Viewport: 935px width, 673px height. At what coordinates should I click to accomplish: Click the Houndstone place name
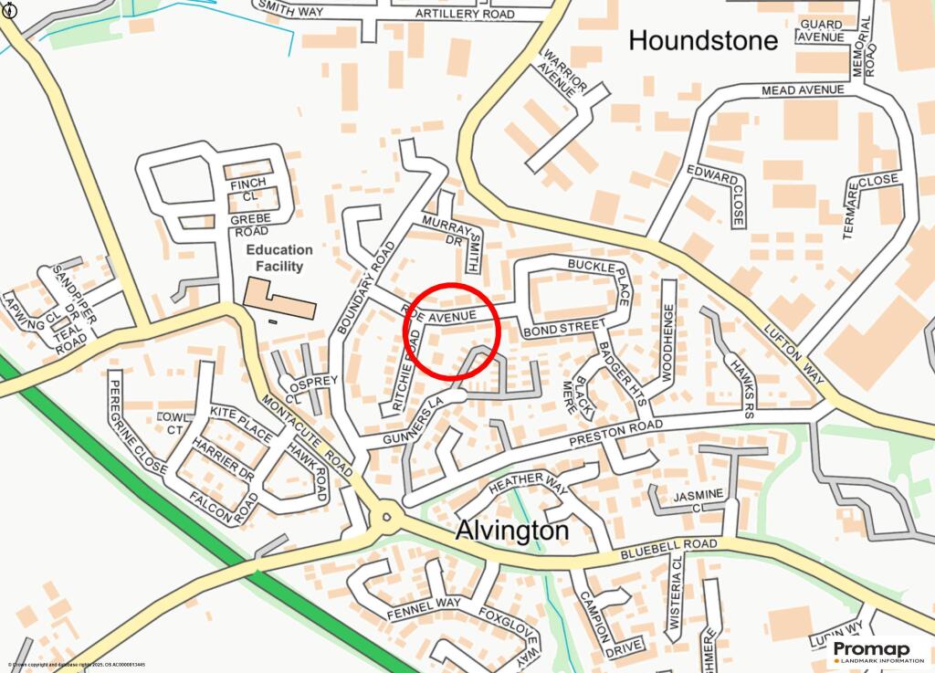coord(703,40)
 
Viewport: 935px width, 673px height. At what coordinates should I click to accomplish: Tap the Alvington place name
coord(511,531)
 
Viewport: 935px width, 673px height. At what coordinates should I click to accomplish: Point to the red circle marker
coord(451,331)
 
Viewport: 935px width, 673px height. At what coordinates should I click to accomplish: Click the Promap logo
coord(878,651)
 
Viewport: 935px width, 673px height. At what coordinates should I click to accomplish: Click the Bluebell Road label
coord(668,549)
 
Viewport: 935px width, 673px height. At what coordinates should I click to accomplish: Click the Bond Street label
coord(563,327)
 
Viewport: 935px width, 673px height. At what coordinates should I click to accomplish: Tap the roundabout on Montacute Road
coord(387,519)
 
